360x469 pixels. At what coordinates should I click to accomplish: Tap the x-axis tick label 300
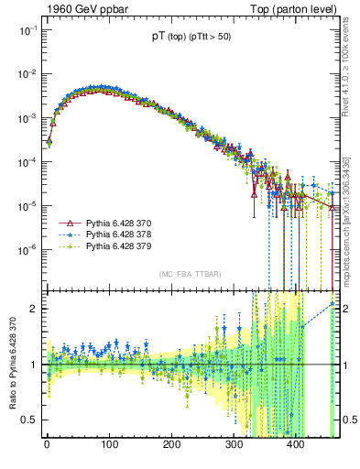234,444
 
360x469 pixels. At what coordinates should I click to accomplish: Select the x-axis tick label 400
296,444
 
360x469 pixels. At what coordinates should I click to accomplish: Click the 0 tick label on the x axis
47,444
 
